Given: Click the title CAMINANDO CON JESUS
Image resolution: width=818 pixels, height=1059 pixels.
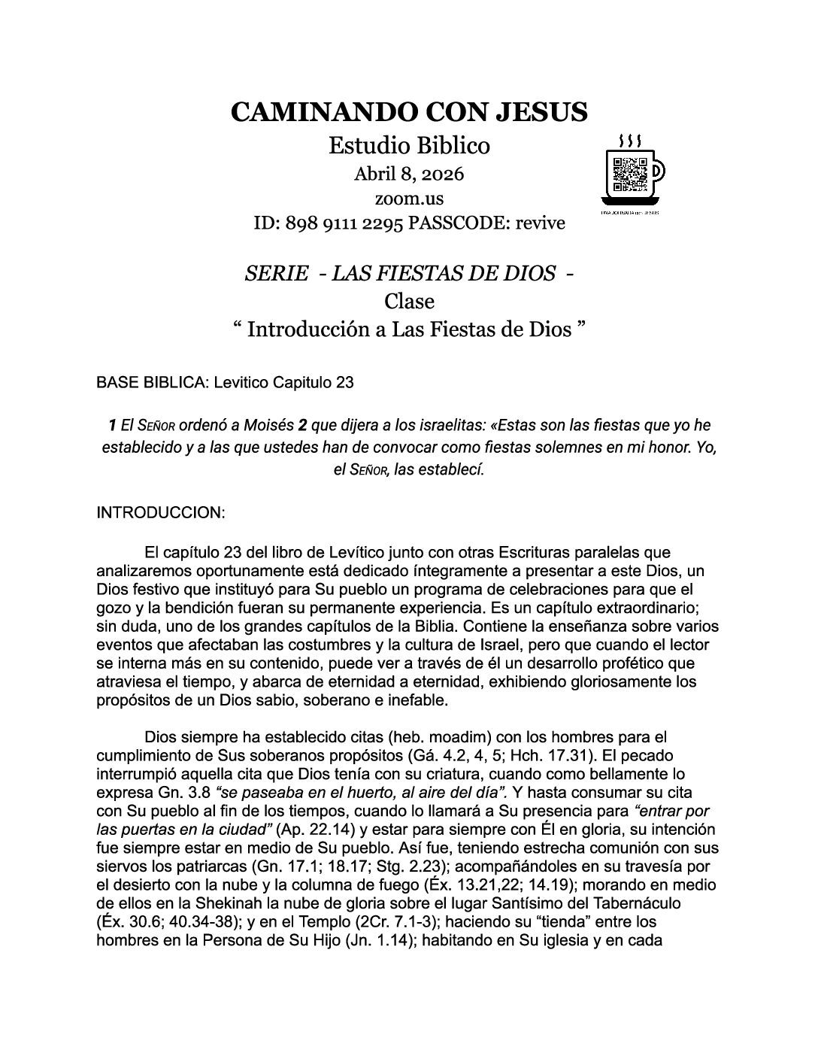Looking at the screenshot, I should click(408, 111).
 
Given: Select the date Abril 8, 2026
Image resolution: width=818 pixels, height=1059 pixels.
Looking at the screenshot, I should click(408, 174).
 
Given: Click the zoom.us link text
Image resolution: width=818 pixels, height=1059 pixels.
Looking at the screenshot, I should click(408, 199).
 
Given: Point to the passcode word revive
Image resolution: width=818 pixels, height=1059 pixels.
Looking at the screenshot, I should click(539, 223).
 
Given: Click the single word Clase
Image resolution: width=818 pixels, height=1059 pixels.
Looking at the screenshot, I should click(409, 301).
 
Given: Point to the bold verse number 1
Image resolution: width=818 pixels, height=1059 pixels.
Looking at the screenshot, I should click(113, 426).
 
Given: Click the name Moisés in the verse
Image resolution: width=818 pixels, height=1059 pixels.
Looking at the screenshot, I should click(267, 426).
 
